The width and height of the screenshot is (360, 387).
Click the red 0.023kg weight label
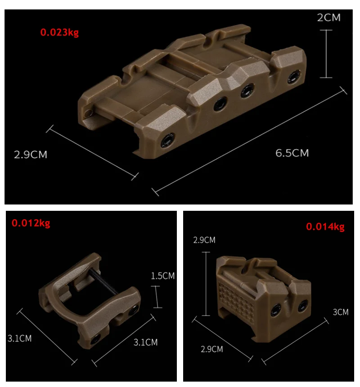pos(59,32)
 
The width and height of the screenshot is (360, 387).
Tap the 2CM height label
pos(328,18)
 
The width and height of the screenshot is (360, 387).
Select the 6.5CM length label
pos(292,153)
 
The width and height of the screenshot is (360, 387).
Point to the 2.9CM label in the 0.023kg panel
pos(31,155)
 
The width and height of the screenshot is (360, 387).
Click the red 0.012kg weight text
pos(31,223)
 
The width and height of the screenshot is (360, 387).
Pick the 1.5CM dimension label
pos(163,276)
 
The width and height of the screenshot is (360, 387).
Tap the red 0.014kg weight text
pos(325,227)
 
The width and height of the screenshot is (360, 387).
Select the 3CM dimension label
pos(341,312)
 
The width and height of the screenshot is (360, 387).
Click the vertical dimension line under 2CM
pos(326,54)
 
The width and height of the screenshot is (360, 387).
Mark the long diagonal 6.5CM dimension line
pos(249,141)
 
